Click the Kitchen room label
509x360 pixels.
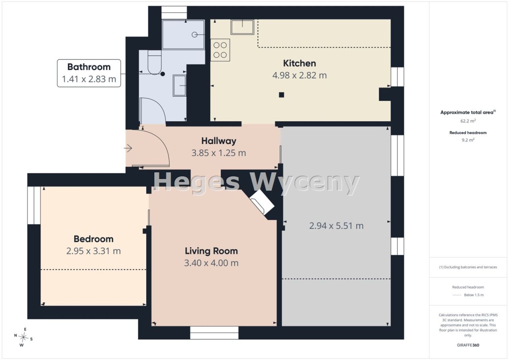coord(299,63)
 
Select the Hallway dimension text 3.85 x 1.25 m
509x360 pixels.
coord(219,153)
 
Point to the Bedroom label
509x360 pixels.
coord(93,239)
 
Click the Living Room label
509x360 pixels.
coord(211,251)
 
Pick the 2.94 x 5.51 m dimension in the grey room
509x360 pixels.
coord(336,226)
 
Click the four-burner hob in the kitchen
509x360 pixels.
coord(220,50)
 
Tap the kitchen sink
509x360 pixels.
coord(242,27)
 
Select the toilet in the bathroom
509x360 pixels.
coord(155,62)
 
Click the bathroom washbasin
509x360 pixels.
coord(179,86)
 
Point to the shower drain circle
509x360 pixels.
coord(194,35)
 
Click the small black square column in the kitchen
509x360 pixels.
coord(281,95)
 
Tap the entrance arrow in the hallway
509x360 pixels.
coord(128,148)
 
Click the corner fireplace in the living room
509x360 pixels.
coord(262,202)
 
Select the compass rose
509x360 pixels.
coord(23,337)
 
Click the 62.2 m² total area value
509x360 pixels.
coord(468,121)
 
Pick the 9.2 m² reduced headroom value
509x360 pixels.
coord(468,140)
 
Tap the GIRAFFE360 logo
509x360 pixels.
coord(468,345)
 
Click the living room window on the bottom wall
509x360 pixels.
coord(214,333)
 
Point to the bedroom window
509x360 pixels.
coord(34,205)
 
